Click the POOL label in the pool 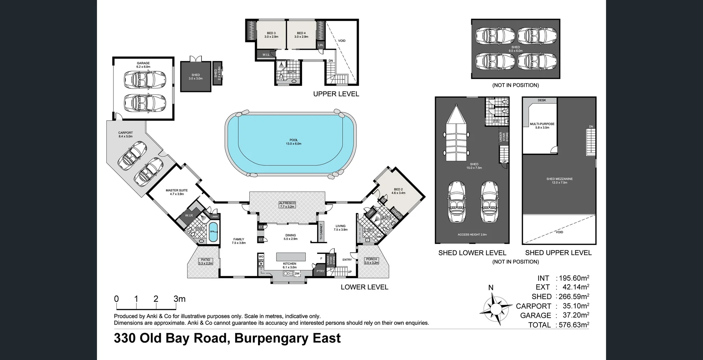tap(293, 140)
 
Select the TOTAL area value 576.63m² tap(573, 325)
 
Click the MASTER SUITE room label tap(176, 190)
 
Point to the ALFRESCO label tap(287, 203)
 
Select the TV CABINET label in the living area tap(321, 232)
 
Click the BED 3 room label tap(271, 33)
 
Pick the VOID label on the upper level tap(342, 41)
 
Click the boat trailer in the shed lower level tap(456, 135)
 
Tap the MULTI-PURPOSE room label tap(542, 124)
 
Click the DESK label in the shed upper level tap(542, 100)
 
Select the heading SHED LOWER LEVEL tap(472, 253)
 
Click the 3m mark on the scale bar tap(179, 299)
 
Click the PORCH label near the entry tap(371, 259)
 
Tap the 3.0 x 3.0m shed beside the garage tap(196, 76)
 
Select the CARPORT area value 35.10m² tap(573, 306)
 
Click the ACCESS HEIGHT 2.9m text tap(472, 234)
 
